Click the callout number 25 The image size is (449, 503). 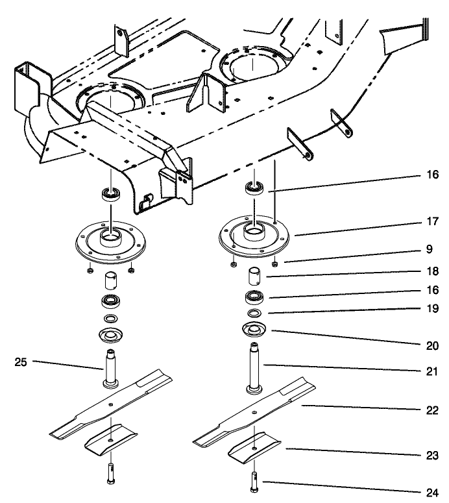(21, 362)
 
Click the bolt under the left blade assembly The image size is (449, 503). (110, 474)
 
